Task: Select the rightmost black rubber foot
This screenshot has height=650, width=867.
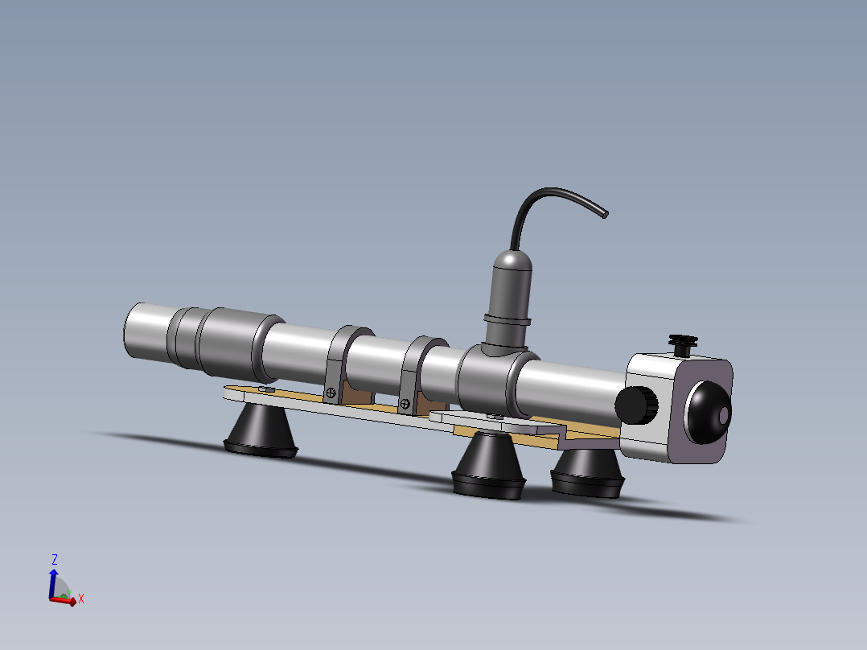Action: click(587, 471)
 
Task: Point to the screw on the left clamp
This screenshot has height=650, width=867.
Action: click(331, 393)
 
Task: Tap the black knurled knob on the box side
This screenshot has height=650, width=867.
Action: click(638, 405)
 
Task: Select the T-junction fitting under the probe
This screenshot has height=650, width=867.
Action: click(491, 375)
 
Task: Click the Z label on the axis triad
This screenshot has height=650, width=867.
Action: click(55, 558)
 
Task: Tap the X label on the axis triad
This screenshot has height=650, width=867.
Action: click(81, 599)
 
